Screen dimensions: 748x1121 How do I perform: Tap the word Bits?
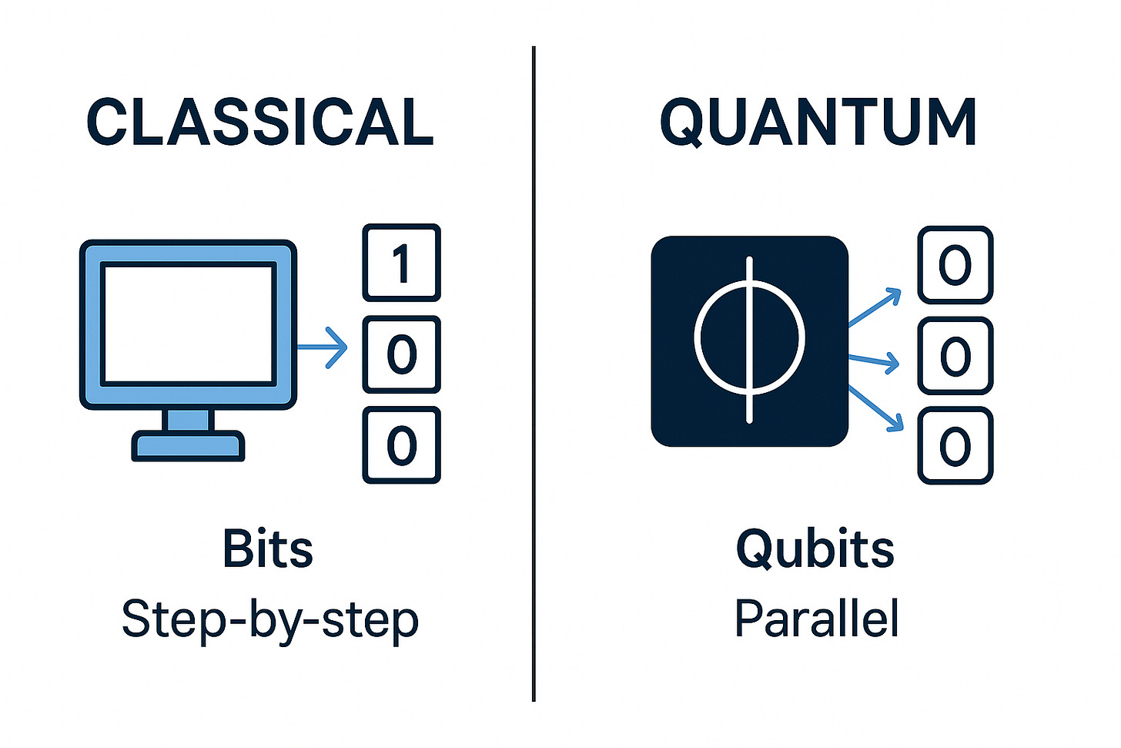point(268,548)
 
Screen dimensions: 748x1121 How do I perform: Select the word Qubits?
point(815,548)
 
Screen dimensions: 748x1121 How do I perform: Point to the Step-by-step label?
point(269,619)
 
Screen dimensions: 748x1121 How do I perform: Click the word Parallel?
point(816,619)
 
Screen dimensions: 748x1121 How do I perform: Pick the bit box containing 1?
point(401,263)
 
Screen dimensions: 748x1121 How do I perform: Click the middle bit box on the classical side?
point(401,354)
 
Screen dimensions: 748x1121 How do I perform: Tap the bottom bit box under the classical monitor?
point(401,445)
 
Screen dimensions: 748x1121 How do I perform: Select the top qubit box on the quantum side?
point(955,265)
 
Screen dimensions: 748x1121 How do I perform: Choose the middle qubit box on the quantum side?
point(955,356)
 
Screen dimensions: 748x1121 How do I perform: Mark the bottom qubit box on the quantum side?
point(955,446)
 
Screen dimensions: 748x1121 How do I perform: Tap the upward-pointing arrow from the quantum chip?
point(875,309)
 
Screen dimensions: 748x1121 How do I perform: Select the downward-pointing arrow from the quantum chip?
point(876,408)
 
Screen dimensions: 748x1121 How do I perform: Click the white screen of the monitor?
point(189,324)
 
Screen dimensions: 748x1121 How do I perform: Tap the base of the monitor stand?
point(188,446)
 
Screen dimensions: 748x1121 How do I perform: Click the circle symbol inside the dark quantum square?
point(749,339)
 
